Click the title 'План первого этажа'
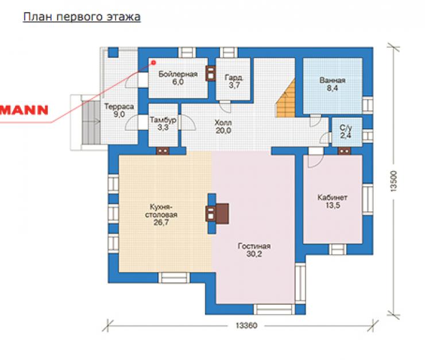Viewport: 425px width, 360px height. point(82,17)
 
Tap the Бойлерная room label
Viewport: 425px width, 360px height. point(178,78)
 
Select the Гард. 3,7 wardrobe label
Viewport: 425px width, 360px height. point(234,82)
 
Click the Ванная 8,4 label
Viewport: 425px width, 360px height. point(333,84)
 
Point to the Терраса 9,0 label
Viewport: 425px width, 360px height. point(119,110)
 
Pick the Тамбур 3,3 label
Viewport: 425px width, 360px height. point(163,123)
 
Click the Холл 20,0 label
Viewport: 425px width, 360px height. point(223,126)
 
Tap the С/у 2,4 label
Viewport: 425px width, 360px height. point(346,131)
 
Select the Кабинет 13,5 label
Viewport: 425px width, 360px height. point(333,202)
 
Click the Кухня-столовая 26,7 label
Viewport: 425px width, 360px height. point(161,215)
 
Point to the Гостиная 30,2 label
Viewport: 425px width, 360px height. point(254,250)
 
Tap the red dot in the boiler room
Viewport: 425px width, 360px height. point(153,63)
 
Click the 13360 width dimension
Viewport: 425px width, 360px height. point(246,326)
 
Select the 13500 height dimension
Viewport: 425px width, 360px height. point(393,181)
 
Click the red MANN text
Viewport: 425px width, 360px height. point(24,110)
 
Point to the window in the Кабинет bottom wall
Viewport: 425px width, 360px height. point(338,249)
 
